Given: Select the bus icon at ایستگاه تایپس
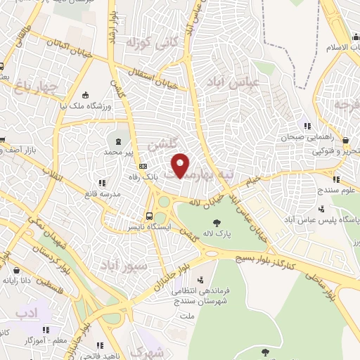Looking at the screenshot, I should (149, 216).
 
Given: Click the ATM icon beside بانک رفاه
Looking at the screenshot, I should (143, 167).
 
